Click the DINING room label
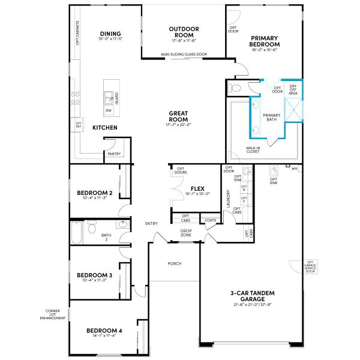point(110,34)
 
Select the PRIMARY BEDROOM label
point(265,41)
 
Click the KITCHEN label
point(105,128)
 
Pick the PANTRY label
point(114,154)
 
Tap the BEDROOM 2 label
point(95,193)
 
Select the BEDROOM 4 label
point(104,331)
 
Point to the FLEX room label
point(198,188)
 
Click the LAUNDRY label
point(228,199)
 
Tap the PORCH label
point(175,263)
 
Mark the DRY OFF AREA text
point(293,90)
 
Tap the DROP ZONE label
point(187,232)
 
